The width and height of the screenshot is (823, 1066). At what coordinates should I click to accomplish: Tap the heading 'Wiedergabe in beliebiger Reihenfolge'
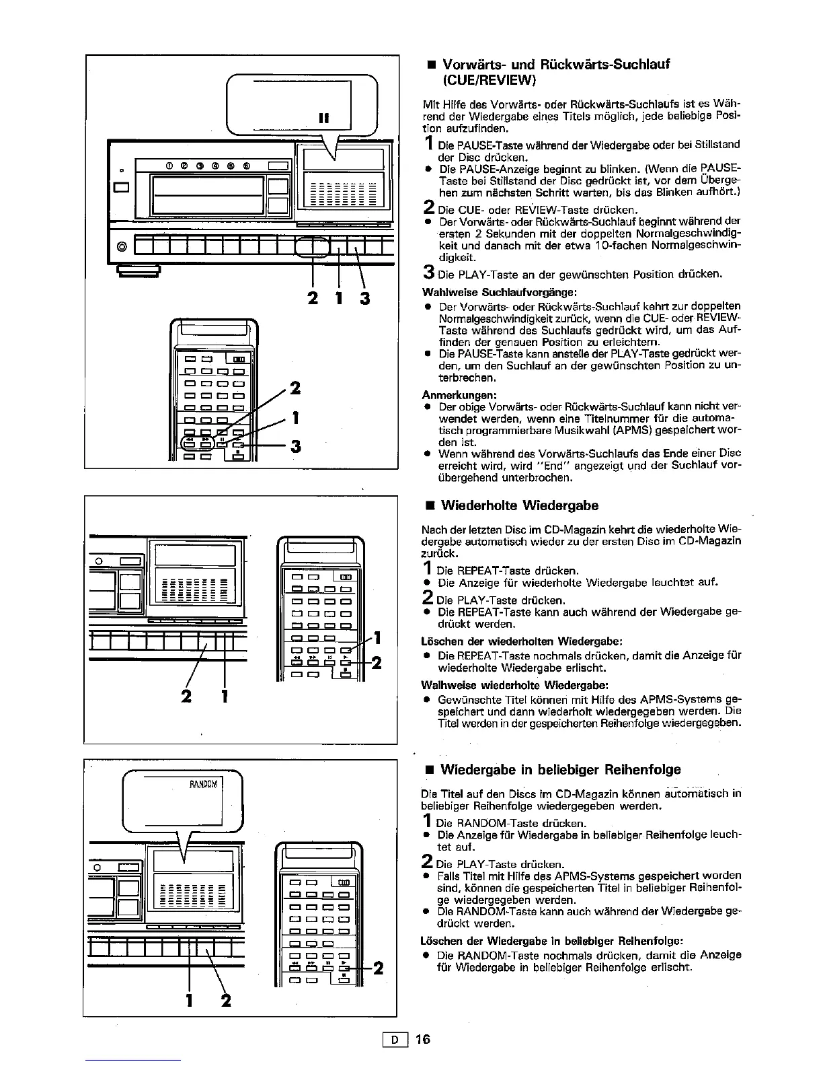coord(560,769)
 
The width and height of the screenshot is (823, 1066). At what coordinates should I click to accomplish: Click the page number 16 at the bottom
coord(422,1039)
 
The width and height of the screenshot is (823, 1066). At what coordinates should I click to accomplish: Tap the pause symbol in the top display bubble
coord(323,118)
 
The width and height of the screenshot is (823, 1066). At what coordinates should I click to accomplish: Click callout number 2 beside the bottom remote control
coord(378,968)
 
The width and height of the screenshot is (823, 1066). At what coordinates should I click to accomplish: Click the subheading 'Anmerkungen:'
coord(450,394)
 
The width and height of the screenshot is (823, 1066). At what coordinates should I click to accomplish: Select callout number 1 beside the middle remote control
coord(378,637)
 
